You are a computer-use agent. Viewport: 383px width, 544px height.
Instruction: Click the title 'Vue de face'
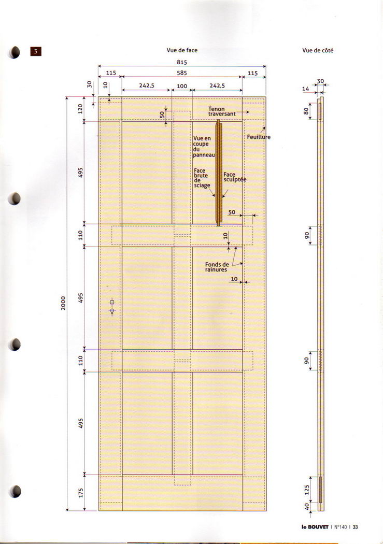point(182,50)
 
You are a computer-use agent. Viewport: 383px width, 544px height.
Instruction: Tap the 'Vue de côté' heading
point(317,51)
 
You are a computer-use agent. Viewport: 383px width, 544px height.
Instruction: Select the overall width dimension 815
point(182,63)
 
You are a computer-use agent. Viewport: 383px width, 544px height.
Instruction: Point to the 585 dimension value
point(182,73)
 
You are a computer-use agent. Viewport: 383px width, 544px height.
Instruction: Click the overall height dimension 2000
point(63,303)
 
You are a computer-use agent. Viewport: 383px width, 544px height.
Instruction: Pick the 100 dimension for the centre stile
point(182,86)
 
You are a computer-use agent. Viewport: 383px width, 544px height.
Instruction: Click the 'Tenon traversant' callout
point(222,111)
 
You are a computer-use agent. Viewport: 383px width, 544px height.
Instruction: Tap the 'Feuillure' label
point(259,137)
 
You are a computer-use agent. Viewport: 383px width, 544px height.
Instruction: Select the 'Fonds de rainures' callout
point(217,267)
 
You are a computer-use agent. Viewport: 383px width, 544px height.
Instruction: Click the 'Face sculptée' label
point(235,177)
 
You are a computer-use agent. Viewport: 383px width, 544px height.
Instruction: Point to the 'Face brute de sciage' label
point(202,178)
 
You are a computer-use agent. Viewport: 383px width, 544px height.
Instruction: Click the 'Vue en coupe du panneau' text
point(204,147)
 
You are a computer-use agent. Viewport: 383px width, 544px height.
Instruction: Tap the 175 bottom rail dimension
point(81,493)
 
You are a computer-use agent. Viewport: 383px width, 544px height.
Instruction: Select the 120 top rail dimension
point(81,109)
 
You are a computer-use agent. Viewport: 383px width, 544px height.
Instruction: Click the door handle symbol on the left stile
point(112,307)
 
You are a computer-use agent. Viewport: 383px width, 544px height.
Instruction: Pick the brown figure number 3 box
point(36,51)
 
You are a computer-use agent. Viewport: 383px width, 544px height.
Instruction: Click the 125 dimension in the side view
point(307,490)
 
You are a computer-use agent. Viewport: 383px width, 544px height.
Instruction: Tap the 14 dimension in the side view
point(305,89)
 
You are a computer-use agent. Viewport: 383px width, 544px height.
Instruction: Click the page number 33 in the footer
point(355,527)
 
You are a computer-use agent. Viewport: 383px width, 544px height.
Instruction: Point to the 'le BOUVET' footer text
point(315,527)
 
